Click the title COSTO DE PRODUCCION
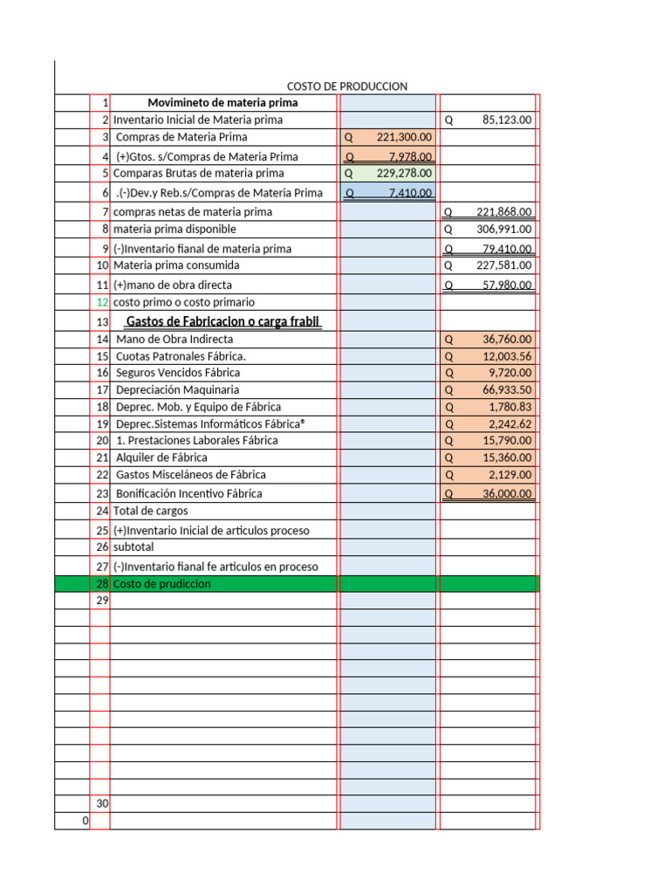pyautogui.click(x=347, y=86)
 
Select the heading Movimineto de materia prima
pyautogui.click(x=223, y=103)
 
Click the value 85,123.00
pyautogui.click(x=507, y=120)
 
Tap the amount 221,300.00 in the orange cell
pyautogui.click(x=405, y=137)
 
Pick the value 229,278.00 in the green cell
pyautogui.click(x=405, y=174)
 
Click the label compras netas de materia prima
pyautogui.click(x=193, y=212)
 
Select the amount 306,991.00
pyautogui.click(x=503, y=229)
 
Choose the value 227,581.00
pyautogui.click(x=503, y=265)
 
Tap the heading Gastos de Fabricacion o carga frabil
pyautogui.click(x=224, y=322)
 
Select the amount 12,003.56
pyautogui.click(x=507, y=356)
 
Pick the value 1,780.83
pyautogui.click(x=511, y=407)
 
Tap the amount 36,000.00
pyautogui.click(x=507, y=493)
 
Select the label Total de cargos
pyautogui.click(x=150, y=511)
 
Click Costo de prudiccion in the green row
pyautogui.click(x=162, y=584)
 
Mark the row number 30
pyautogui.click(x=102, y=803)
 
